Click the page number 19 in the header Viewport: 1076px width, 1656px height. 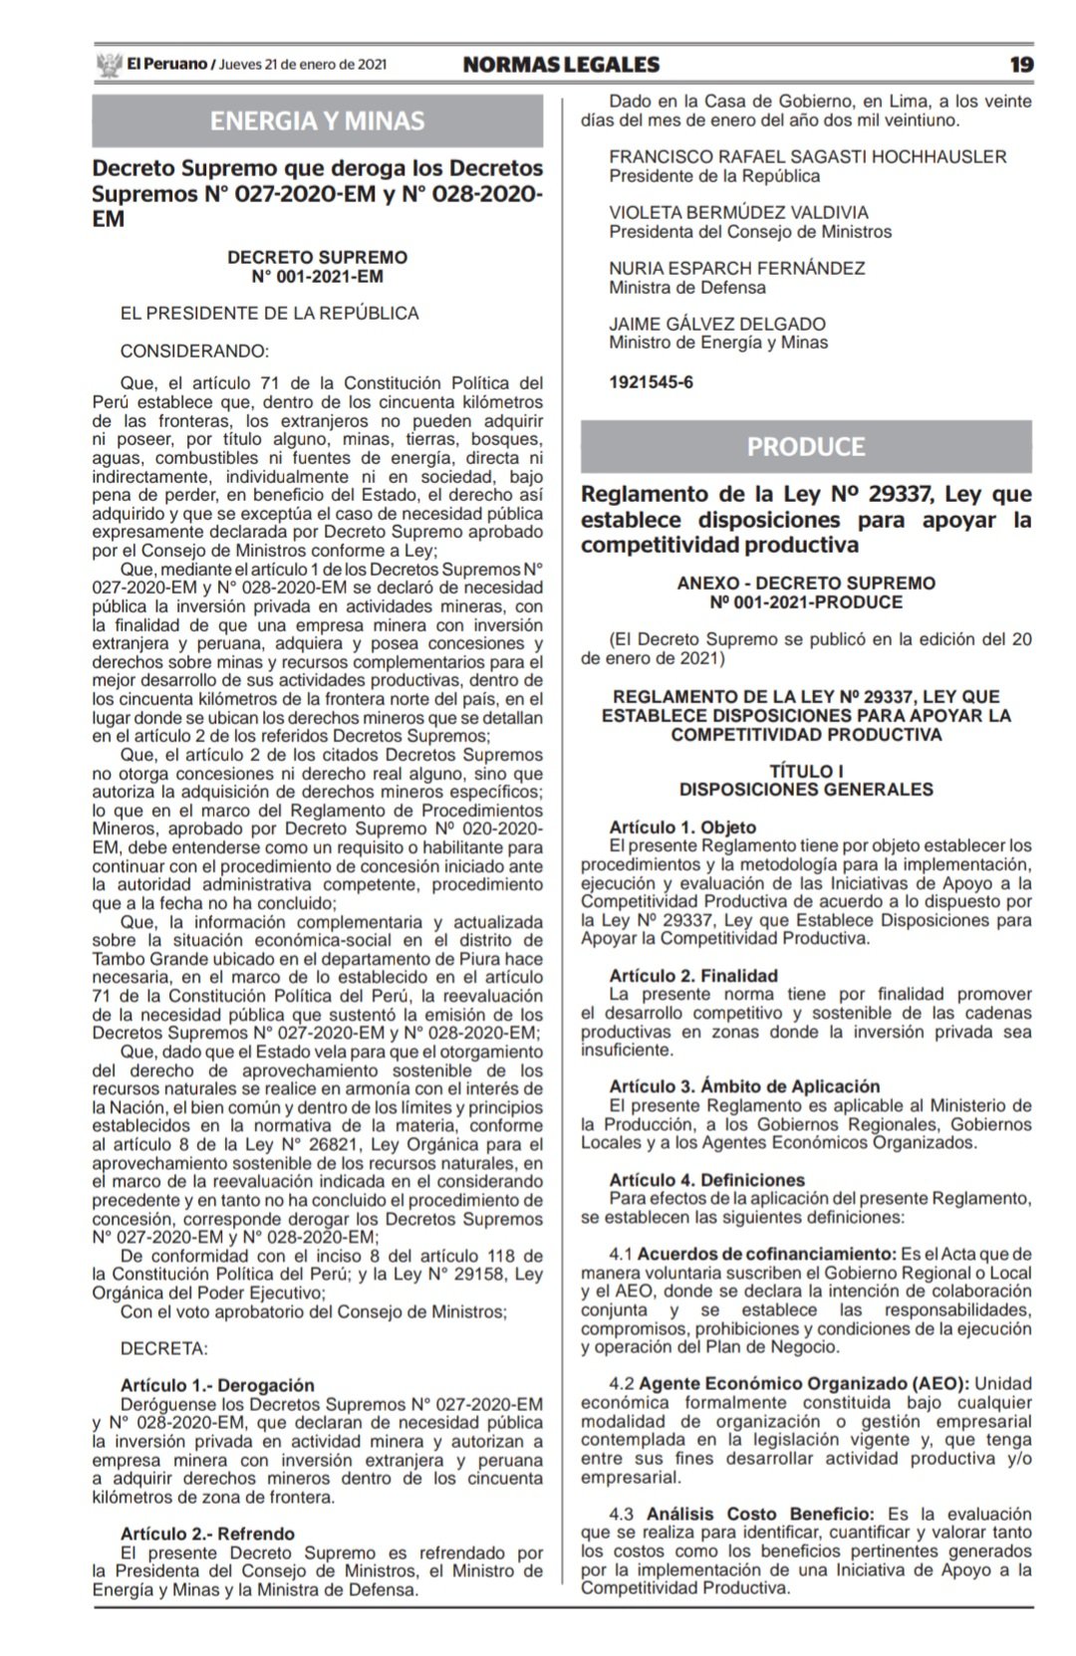(x=1021, y=65)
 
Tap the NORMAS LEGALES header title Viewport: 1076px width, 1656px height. (x=561, y=65)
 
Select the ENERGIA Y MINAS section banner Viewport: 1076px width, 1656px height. (x=317, y=121)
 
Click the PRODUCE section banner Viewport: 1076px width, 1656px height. (x=806, y=446)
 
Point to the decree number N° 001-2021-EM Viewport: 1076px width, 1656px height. (x=317, y=276)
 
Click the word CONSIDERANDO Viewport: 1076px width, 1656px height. (x=193, y=351)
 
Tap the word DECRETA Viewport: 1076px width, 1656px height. (x=163, y=1348)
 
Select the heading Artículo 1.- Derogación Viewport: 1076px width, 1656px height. (x=217, y=1385)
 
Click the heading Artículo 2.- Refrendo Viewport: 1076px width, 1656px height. (x=207, y=1534)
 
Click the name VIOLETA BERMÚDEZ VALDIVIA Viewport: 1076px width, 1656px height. (x=738, y=212)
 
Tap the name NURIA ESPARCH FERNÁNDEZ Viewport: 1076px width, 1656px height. (x=736, y=268)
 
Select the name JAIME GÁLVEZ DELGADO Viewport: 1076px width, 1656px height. (x=717, y=324)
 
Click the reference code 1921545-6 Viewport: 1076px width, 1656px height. (x=651, y=381)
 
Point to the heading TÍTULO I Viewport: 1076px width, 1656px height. (x=806, y=771)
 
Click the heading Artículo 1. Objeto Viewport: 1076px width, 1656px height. (x=682, y=828)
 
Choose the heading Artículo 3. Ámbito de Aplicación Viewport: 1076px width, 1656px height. (x=745, y=1086)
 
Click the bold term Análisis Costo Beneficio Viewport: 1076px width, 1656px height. (x=756, y=1514)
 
